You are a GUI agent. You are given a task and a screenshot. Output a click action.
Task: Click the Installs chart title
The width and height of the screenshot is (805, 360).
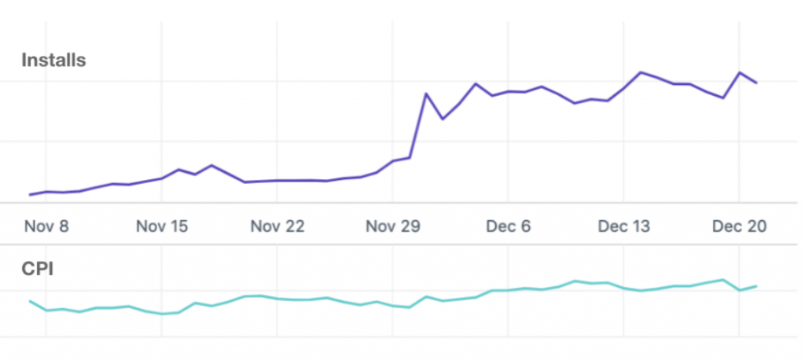coord(53,60)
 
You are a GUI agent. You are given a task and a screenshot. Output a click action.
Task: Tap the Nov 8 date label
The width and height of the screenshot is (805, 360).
coord(46,226)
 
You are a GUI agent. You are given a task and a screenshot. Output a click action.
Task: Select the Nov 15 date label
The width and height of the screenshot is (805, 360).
coord(162,226)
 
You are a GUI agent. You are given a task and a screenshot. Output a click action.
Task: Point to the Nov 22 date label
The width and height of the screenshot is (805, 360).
coord(277,226)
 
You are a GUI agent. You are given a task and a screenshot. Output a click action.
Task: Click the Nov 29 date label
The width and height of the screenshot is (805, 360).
coord(392,226)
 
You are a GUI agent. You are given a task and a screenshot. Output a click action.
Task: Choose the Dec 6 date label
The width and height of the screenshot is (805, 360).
coord(508,226)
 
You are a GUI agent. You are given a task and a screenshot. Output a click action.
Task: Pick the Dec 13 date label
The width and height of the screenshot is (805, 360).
coord(623,226)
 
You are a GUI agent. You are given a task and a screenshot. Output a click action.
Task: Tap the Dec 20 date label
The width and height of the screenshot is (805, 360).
coord(739,226)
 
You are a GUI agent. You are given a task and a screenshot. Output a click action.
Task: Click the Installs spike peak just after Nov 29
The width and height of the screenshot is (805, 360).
coord(426,94)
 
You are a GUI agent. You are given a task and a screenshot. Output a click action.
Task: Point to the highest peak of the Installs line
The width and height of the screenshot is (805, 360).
coord(641,72)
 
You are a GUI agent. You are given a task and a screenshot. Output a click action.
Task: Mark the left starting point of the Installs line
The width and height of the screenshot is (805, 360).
coord(30,194)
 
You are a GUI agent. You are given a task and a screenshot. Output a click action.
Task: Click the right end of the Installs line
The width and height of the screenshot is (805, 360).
coord(756,83)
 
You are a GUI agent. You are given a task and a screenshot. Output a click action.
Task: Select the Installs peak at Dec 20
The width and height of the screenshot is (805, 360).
coord(740,72)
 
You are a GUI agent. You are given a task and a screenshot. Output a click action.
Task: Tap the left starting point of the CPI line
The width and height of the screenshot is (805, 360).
coord(30,301)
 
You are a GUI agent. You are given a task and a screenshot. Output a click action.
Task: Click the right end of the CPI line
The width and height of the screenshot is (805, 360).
coord(756,286)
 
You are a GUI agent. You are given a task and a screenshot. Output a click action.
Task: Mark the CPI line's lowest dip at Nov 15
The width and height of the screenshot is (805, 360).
coord(163,314)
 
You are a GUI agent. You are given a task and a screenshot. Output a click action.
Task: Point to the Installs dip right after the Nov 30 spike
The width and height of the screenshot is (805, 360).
coord(443,119)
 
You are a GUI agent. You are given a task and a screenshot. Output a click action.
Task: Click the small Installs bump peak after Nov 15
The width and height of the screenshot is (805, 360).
coord(211,165)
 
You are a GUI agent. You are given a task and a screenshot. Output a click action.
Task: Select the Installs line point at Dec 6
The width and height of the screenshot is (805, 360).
coord(509,92)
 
